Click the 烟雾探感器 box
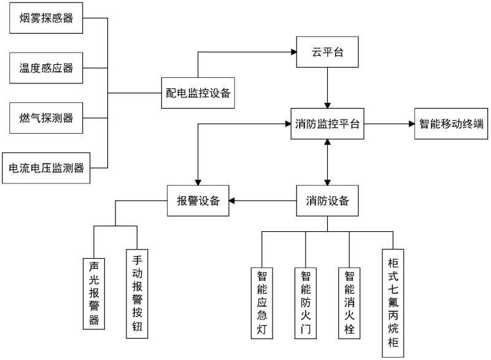pos(46,18)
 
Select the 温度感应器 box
pos(46,68)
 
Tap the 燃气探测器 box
pos(46,118)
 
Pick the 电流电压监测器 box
pos(46,167)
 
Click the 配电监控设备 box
pos(198,93)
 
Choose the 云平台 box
pos(327,53)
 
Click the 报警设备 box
pos(198,201)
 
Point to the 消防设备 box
pos(327,201)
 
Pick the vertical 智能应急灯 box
pos(261,302)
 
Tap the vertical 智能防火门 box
pos(306,302)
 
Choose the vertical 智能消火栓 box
pos(349,302)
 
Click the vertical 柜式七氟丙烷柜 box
pos(393,302)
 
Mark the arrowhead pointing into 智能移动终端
pos(411,124)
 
